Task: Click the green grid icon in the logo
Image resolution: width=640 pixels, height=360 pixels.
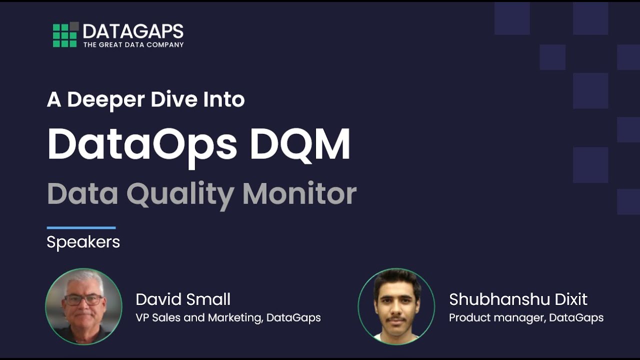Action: [65, 35]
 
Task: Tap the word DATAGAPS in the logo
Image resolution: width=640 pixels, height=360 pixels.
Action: [133, 31]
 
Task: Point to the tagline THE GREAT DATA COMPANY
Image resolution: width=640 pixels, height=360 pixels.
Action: [133, 44]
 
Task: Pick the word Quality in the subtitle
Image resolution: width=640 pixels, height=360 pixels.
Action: [180, 194]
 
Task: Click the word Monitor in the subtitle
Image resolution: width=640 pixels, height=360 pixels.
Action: [299, 194]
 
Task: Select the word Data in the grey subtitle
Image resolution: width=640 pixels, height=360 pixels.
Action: [82, 194]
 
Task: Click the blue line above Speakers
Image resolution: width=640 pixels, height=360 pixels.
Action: [81, 228]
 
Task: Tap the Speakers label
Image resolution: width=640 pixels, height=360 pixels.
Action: [83, 242]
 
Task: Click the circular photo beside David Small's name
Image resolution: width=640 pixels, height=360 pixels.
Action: [83, 306]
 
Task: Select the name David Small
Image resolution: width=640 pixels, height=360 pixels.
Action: [183, 299]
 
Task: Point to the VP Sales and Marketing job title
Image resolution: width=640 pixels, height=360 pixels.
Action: [228, 317]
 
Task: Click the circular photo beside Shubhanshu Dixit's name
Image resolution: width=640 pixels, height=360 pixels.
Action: [396, 306]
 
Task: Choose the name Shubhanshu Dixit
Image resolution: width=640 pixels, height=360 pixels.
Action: [518, 299]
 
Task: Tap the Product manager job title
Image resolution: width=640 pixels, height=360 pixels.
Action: [526, 317]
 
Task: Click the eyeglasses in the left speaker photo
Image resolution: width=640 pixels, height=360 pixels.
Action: [83, 300]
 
